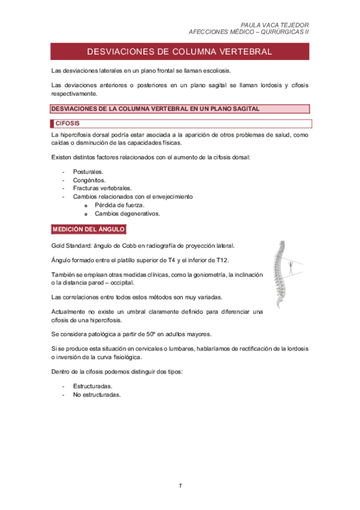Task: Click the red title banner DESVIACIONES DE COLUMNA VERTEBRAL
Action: tap(180, 52)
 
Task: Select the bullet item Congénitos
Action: tap(89, 180)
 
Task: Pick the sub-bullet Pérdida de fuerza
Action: tap(120, 204)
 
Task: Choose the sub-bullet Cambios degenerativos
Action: tap(127, 213)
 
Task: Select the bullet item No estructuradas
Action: tap(97, 395)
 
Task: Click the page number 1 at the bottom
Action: tap(180, 485)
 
